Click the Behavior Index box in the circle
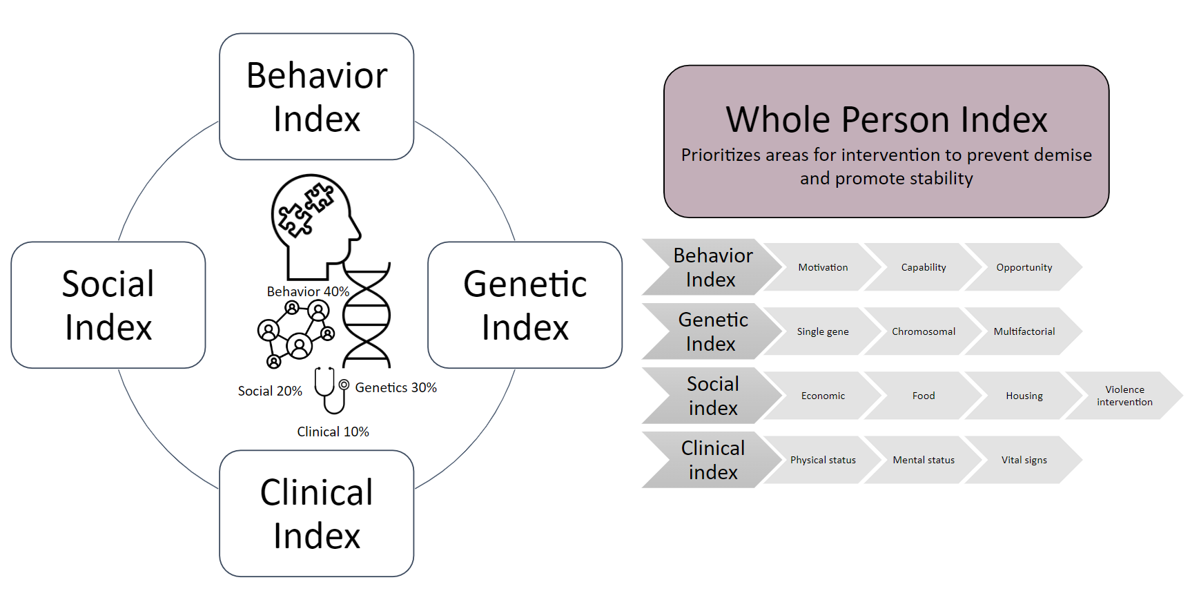tap(316, 97)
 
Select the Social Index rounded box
tap(108, 305)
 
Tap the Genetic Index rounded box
tap(525, 305)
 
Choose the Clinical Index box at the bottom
tap(316, 514)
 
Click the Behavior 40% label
tap(308, 291)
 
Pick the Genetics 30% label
tap(396, 387)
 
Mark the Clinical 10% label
tap(333, 432)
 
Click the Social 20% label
tap(270, 391)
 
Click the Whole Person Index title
tap(886, 120)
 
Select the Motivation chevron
tap(822, 267)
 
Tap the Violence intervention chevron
tap(1124, 396)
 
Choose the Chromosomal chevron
tap(923, 331)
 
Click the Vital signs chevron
tap(1024, 460)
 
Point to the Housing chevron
tap(1024, 396)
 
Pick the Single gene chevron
tap(822, 331)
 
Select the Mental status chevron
tap(923, 460)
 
